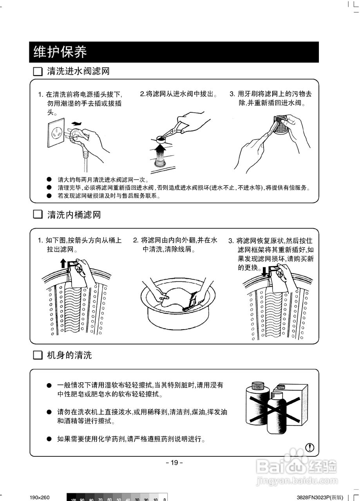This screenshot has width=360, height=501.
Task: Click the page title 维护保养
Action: pos(60,52)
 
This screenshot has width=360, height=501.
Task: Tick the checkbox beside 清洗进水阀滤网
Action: pos(37,72)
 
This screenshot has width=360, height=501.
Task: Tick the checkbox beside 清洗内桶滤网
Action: pos(37,214)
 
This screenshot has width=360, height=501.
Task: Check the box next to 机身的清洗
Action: pos(37,355)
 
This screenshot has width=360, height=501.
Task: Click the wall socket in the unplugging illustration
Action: pos(57,133)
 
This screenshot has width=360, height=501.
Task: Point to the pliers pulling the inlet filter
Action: pos(172,131)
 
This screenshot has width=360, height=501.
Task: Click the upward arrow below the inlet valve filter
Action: pos(160,149)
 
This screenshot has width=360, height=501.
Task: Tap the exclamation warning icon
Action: pos(310,447)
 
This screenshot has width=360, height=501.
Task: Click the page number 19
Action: pos(174,463)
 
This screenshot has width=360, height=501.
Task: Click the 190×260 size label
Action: pos(40,497)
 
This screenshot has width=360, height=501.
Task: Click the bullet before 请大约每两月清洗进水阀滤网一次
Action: pos(49,180)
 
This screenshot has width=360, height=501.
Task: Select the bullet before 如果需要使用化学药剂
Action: pos(49,439)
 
